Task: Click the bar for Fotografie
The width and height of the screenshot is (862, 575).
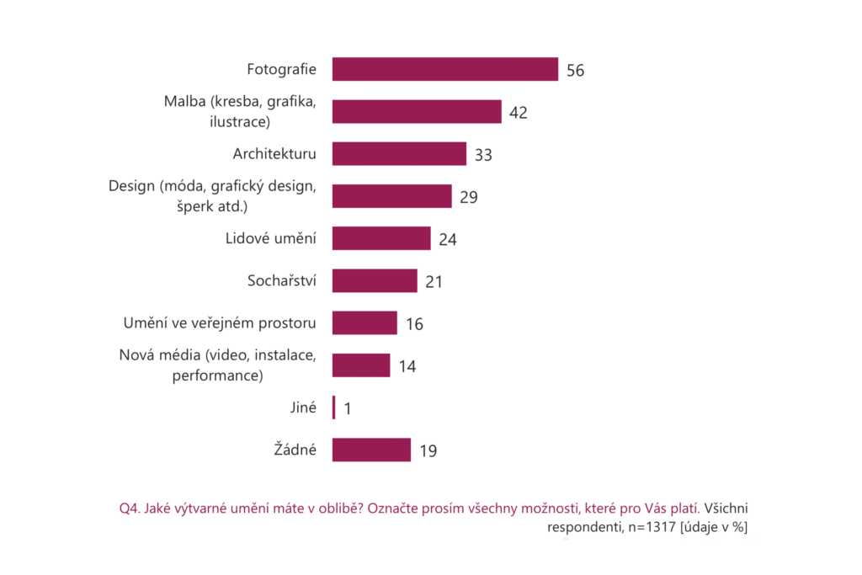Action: point(444,69)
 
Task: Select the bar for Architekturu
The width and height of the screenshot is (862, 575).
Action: point(399,154)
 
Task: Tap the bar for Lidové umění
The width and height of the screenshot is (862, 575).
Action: point(381,238)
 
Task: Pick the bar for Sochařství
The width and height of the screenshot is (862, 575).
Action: point(375,281)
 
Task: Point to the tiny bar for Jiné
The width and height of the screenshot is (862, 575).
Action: point(334,407)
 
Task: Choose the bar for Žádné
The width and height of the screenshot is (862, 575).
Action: point(371,450)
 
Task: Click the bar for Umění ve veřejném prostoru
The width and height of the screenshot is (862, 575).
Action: point(364,323)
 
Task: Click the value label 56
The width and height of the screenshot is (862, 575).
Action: point(575,71)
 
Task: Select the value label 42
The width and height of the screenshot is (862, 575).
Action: point(519,113)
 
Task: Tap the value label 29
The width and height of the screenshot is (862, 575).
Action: point(468,197)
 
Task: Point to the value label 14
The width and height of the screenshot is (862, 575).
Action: point(408,366)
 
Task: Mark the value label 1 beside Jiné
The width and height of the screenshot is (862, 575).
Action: point(347,408)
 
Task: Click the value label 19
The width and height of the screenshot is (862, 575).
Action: point(428,451)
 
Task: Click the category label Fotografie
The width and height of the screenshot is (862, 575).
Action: point(281,69)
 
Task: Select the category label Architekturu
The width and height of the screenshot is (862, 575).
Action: point(274,154)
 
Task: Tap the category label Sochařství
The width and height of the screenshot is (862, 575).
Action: point(282,280)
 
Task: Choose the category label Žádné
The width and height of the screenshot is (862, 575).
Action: point(295,450)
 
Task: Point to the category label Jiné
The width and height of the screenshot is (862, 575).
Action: point(302,407)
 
